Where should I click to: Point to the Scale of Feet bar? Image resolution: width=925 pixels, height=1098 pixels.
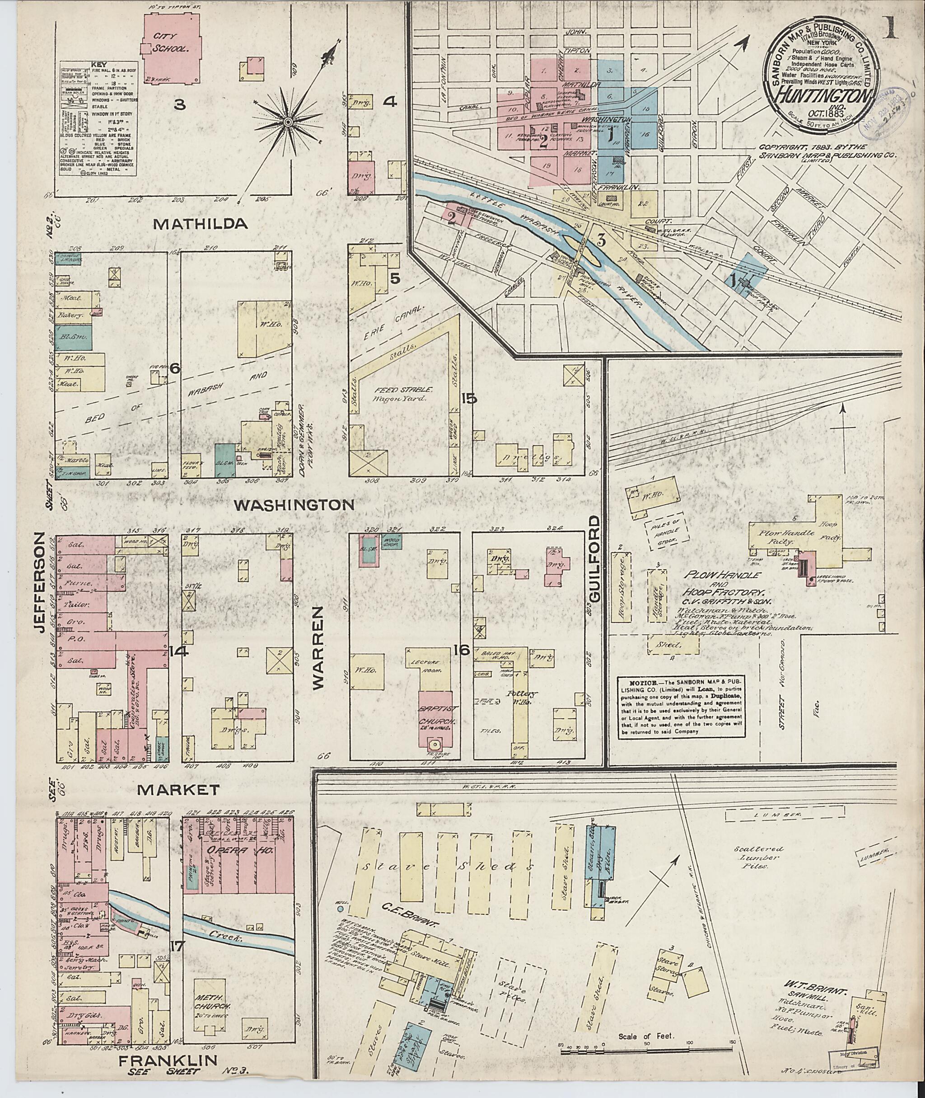tap(635, 1037)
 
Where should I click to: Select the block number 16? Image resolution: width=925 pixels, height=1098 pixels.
tap(462, 651)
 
